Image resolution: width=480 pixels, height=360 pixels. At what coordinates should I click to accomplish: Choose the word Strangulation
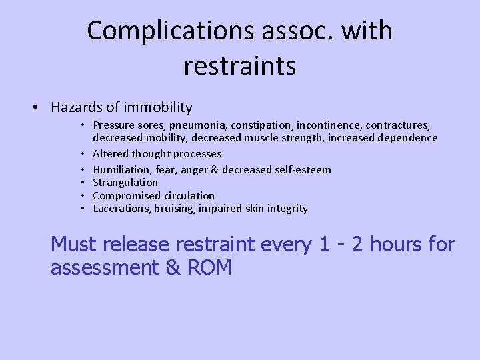pyautogui.click(x=125, y=183)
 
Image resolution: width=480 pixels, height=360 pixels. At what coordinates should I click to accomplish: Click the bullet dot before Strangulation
pyautogui.click(x=85, y=183)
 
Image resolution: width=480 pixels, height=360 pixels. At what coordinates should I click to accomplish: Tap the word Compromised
pyautogui.click(x=125, y=196)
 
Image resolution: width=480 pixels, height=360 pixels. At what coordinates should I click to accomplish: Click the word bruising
pyautogui.click(x=173, y=209)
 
